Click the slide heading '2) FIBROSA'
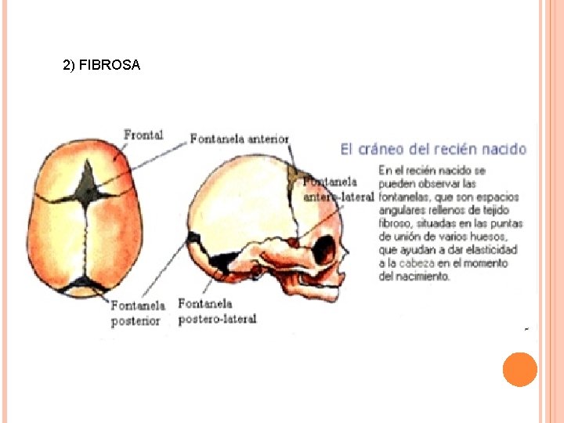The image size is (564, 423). point(101,66)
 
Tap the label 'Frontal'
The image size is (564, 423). point(143,135)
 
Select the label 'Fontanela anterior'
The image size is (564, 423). point(239,139)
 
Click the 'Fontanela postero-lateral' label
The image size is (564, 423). point(217,311)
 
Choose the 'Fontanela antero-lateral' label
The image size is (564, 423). point(338,189)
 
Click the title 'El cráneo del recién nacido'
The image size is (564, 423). point(433,148)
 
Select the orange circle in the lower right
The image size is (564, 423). point(519,369)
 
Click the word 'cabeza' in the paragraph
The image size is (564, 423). point(415,263)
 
